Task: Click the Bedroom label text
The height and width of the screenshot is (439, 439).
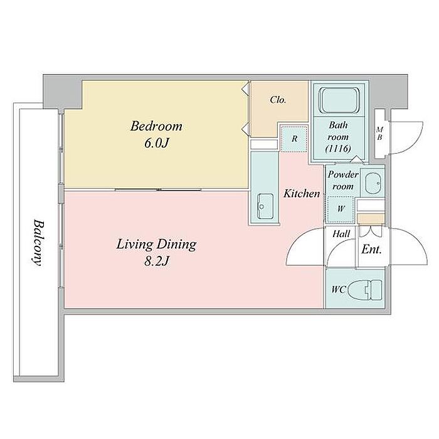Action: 156,127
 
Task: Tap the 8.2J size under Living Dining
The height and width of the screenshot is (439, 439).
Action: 157,262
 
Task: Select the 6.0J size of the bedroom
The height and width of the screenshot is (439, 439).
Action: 157,143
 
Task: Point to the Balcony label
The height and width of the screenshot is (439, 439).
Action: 38,243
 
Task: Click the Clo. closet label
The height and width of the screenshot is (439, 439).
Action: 278,100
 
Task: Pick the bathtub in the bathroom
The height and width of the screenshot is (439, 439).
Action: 339,100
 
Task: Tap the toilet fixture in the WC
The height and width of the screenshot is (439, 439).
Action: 365,290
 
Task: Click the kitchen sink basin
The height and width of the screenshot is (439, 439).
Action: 265,206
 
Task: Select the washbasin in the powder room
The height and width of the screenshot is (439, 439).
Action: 373,183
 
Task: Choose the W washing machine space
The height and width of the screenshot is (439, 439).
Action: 341,209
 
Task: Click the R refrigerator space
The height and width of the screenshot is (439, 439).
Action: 294,139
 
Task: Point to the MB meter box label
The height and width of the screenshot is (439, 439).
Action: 379,134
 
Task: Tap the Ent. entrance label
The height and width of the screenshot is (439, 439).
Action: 371,249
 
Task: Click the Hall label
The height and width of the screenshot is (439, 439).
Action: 341,233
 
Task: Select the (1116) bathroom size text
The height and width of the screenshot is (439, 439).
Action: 338,149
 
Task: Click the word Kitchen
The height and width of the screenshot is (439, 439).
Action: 302,193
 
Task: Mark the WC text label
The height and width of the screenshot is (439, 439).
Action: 339,289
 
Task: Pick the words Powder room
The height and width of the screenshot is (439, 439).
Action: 343,181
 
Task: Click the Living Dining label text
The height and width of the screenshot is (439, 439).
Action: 157,245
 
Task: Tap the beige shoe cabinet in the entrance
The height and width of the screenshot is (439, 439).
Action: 370,219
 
